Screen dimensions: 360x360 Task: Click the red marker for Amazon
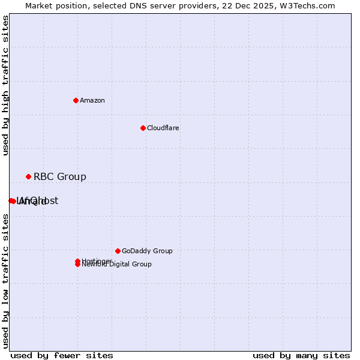pos(76,100)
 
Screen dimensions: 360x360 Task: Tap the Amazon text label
pos(92,100)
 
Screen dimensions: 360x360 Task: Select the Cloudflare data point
pos(143,128)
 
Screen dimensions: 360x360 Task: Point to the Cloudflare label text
pos(163,128)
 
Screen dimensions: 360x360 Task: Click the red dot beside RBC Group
pos(28,176)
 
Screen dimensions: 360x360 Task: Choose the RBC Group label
pos(60,176)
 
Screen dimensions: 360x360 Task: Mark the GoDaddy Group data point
pos(118,251)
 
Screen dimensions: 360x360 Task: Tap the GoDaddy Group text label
pos(147,251)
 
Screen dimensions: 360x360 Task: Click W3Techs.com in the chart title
pos(305,5)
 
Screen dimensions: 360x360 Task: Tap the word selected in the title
pos(109,5)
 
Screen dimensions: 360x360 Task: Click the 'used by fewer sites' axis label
pos(62,356)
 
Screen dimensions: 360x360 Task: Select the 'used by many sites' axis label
pos(301,356)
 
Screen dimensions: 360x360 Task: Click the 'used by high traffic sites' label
pos(6,85)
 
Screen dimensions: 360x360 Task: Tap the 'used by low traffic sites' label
pos(6,281)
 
